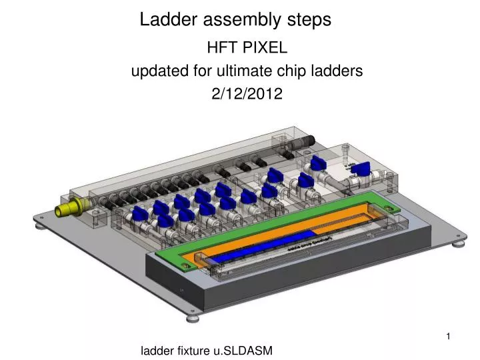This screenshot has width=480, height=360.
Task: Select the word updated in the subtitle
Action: click(155, 71)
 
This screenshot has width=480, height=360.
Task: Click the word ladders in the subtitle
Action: click(333, 71)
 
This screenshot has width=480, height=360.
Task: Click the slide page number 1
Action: click(449, 337)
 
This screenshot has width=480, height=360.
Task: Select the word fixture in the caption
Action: click(195, 350)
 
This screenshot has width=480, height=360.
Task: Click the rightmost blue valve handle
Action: click(361, 170)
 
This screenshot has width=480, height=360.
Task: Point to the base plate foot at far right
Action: click(457, 245)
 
